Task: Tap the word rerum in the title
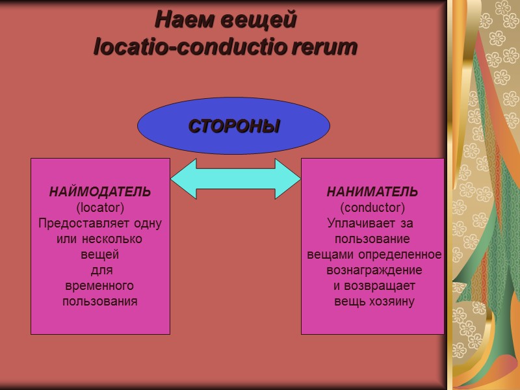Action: point(325,47)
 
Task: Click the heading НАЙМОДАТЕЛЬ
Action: point(100,192)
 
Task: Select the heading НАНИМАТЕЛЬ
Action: point(372,192)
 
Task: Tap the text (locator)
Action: point(100,208)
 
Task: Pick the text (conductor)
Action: point(372,208)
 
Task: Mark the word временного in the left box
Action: point(100,286)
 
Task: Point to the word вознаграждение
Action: point(374,270)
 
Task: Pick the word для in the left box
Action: point(101,270)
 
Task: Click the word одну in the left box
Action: point(148,224)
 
